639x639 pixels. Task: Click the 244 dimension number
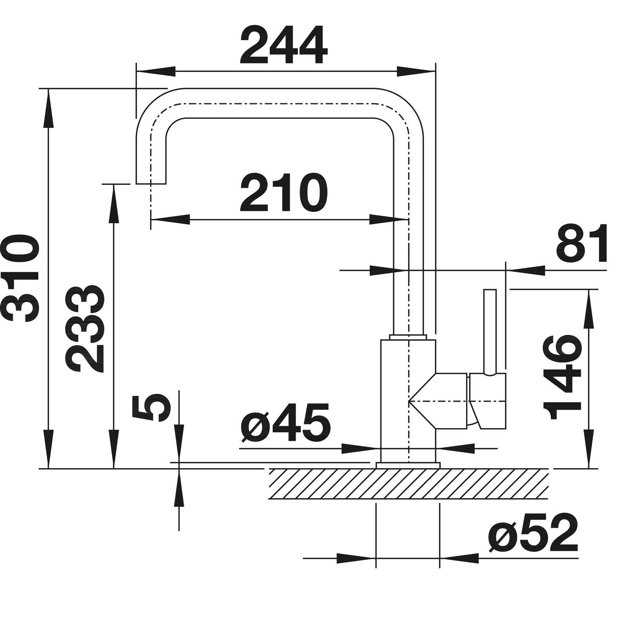[284, 45]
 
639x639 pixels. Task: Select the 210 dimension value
[284, 193]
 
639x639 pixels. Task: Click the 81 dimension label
[581, 244]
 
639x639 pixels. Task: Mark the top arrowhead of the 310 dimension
[49, 109]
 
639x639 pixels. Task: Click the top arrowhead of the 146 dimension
[589, 309]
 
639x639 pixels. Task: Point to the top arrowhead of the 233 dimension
[114, 204]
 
